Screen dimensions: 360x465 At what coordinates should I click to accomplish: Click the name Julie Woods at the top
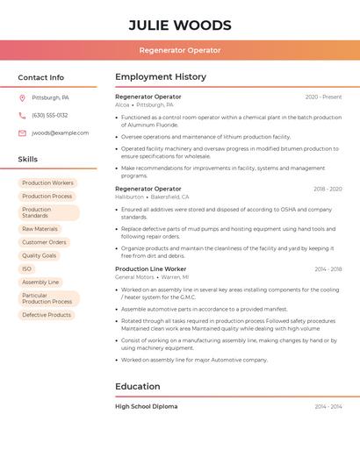coord(180,25)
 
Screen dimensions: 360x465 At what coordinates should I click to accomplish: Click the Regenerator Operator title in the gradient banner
coord(180,50)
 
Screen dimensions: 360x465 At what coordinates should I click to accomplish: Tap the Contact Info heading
coord(41,77)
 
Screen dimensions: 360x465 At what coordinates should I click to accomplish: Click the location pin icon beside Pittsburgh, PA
coord(22,98)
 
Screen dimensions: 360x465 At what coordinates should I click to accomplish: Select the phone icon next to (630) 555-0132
coord(22,116)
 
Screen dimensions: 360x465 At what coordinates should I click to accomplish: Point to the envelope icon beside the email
coord(22,133)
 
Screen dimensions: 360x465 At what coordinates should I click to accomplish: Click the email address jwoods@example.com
coord(60,133)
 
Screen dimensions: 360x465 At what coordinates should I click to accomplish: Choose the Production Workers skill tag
coord(47,183)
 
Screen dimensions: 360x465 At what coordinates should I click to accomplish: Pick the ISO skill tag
coord(26,269)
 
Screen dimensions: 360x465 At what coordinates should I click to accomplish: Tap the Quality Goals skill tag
coord(39,256)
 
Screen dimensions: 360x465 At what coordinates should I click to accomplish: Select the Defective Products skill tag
coord(47,315)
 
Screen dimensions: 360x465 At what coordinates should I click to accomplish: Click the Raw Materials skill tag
coord(40,229)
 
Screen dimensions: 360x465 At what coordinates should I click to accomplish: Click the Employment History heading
coord(161,77)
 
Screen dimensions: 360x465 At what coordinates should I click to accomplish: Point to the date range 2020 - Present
coord(323,97)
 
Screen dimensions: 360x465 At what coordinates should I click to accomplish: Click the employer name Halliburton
coord(129,197)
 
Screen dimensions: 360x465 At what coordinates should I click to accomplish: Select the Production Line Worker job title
coord(151,269)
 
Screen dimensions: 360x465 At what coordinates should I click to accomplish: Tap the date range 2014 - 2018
coord(328,269)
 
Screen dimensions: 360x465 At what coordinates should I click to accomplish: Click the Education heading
coord(138,387)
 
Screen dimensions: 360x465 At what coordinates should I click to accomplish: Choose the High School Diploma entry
coord(146,407)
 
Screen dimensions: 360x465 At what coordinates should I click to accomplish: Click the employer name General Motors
coord(134,277)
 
